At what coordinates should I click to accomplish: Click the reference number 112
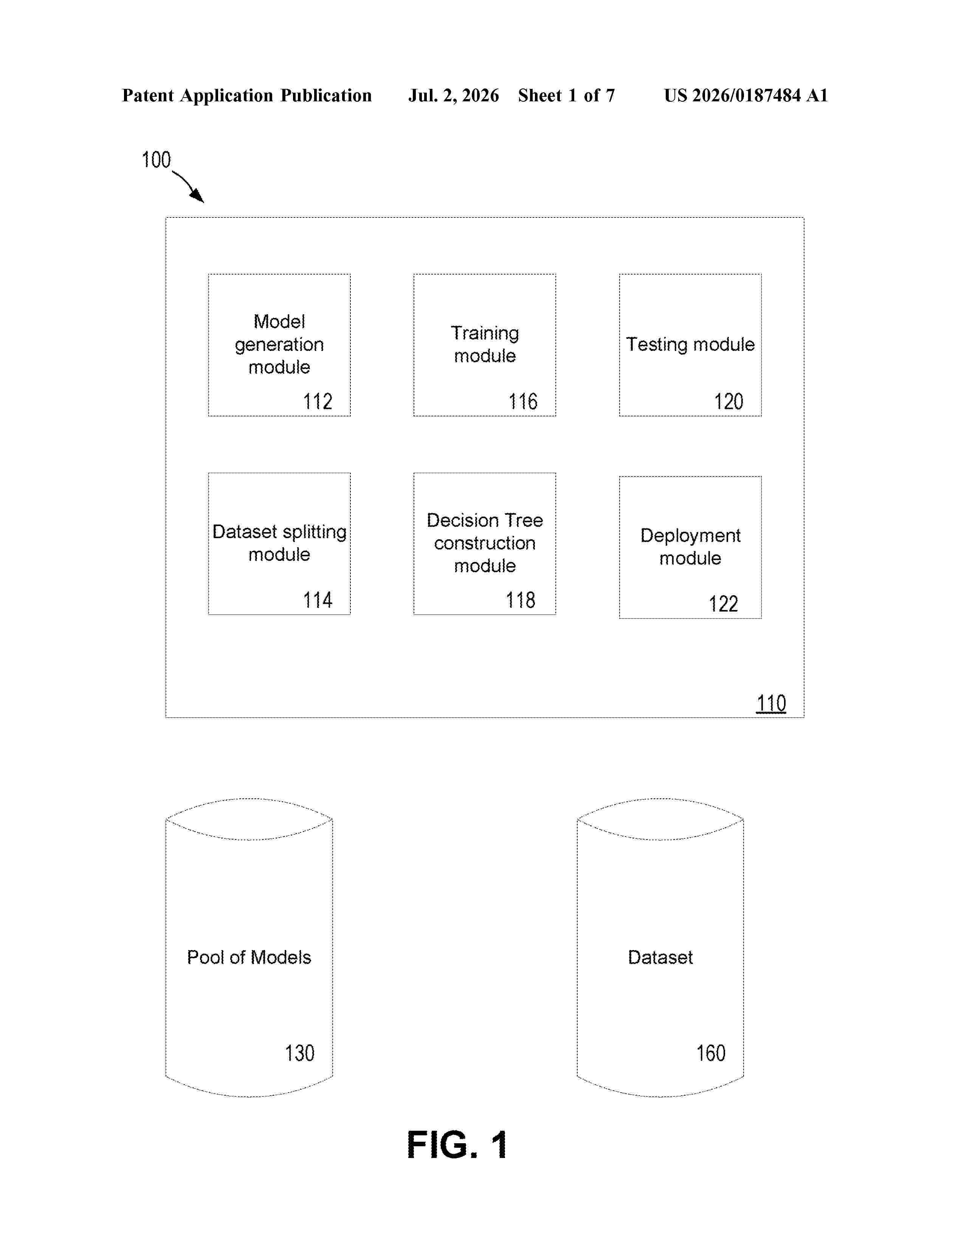pos(318,401)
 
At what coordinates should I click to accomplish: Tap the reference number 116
pos(523,401)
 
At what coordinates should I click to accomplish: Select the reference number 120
pos(729,401)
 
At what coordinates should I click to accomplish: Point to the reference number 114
pos(318,600)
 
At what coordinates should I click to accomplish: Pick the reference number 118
pos(520,600)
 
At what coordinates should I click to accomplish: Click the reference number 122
pos(724,604)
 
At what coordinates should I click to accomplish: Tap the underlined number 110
pos(771,703)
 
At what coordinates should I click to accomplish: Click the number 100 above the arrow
pos(156,160)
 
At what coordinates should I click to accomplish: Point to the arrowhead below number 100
pos(198,196)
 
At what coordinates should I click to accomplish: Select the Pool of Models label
pos(249,957)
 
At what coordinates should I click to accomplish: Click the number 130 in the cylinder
pos(300,1053)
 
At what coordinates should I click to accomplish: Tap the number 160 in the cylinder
pos(711,1053)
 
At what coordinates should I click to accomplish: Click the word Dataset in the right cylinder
pos(660,957)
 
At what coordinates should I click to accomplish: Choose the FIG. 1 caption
pos(457,1145)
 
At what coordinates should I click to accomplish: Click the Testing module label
pos(690,344)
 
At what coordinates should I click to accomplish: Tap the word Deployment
pos(690,536)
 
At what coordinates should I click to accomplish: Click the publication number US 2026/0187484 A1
pos(746,95)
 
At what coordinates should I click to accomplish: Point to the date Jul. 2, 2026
pos(453,95)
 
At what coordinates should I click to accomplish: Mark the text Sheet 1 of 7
pos(567,95)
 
